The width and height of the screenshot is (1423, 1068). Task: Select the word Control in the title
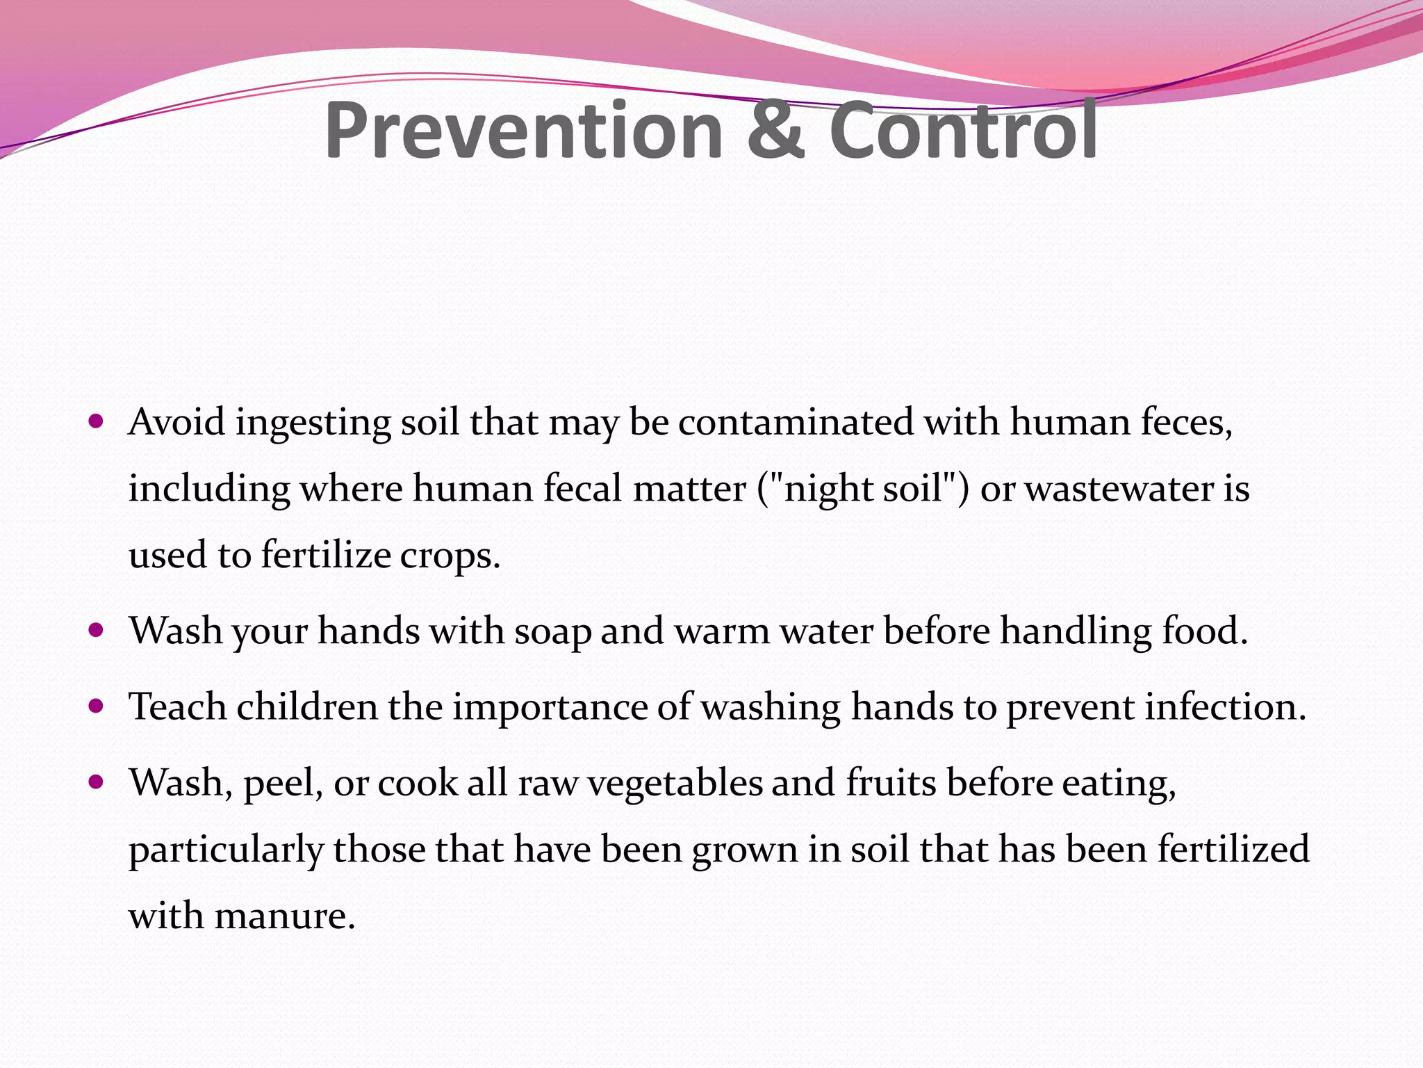963,131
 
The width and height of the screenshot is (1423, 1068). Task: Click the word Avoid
176,422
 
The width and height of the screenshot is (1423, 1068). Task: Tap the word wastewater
1119,488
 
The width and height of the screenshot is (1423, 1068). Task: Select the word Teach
178,707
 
